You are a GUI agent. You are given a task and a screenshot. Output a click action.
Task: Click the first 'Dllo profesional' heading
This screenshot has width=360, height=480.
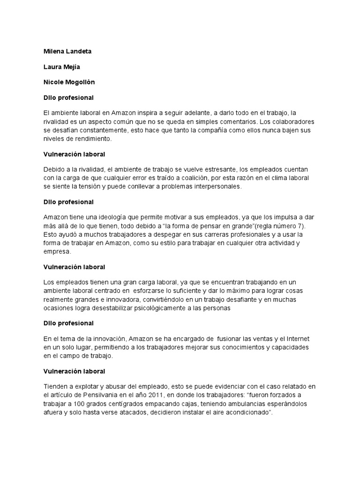tap(68, 98)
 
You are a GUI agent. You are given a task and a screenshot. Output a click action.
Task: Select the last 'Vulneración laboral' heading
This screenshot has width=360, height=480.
tap(74, 371)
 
